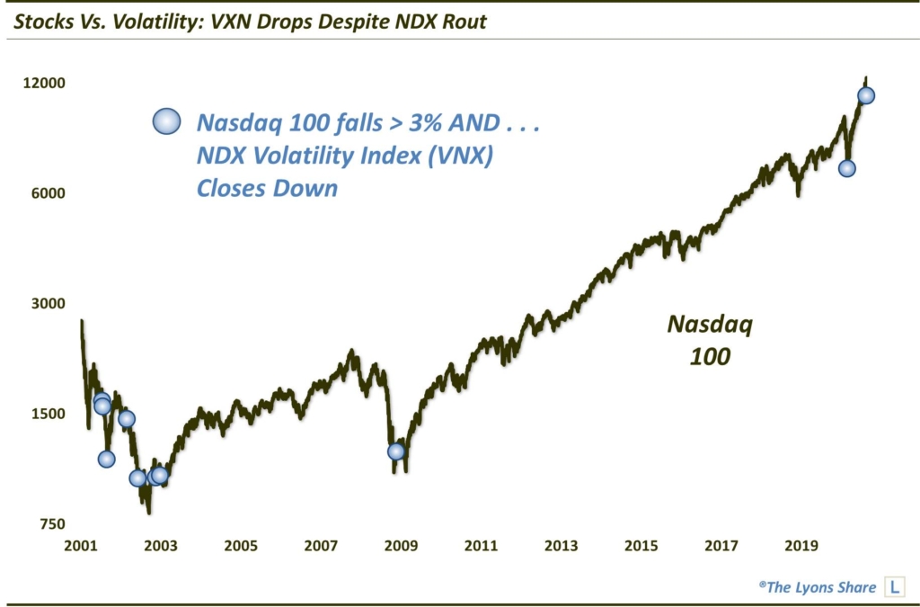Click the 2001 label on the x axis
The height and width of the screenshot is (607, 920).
(82, 545)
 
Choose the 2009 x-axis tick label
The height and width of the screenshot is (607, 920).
(402, 545)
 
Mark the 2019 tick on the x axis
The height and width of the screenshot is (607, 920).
(801, 545)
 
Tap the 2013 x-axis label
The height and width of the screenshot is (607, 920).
(562, 545)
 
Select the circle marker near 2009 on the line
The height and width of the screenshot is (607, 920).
(396, 451)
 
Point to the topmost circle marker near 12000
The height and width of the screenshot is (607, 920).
(866, 96)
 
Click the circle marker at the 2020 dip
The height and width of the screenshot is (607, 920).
(846, 168)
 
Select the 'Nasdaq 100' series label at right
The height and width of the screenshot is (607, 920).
(709, 340)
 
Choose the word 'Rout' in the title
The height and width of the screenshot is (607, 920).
(464, 21)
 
